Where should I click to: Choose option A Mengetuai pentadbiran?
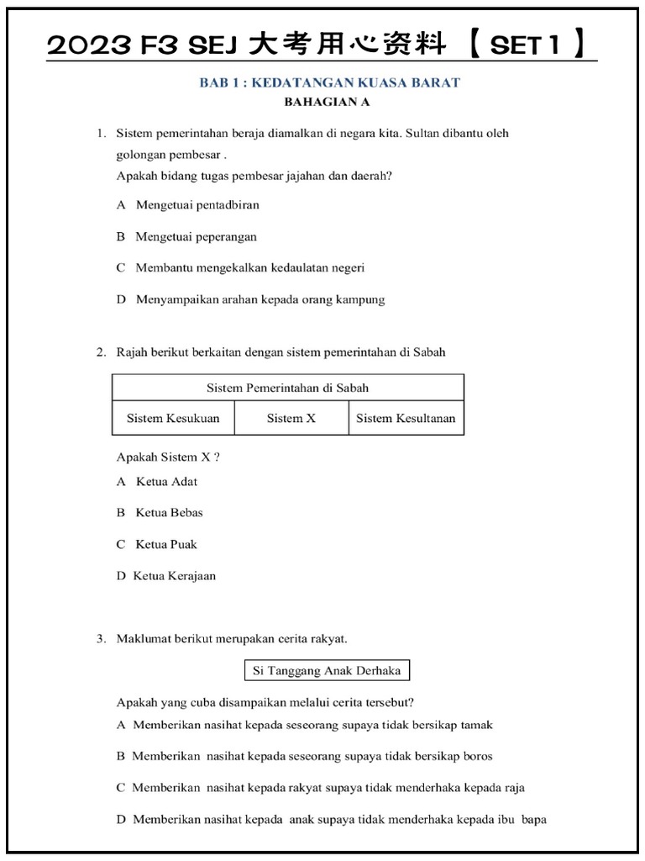(x=188, y=204)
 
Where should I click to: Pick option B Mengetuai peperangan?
(x=186, y=236)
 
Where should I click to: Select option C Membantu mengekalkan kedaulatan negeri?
(x=240, y=267)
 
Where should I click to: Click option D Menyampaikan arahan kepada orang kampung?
(x=250, y=299)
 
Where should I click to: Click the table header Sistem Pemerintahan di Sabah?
(x=287, y=388)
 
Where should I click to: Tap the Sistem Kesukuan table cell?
(x=173, y=418)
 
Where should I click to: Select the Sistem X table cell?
(x=291, y=418)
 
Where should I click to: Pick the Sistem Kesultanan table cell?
(x=406, y=418)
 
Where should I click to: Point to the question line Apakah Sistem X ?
(x=168, y=457)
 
